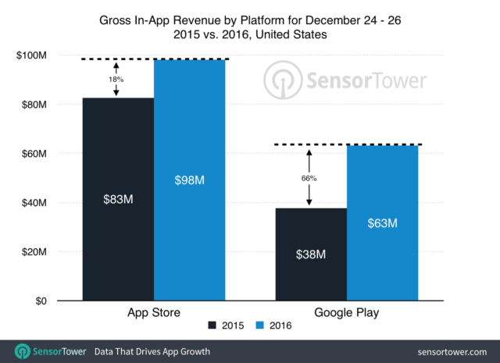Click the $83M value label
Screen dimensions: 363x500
(118, 198)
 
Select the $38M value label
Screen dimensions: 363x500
(310, 254)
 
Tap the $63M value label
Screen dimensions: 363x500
(382, 223)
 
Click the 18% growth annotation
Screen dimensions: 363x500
(116, 78)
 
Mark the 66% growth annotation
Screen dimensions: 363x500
(310, 178)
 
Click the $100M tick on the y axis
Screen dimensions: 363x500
(33, 55)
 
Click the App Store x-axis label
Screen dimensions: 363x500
(154, 314)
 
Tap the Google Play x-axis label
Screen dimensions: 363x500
(346, 314)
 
